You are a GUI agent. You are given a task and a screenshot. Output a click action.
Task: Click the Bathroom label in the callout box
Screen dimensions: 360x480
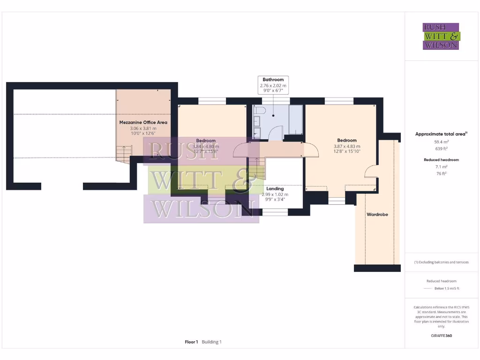coord(273,80)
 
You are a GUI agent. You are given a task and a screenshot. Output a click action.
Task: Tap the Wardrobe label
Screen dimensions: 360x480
coord(377,214)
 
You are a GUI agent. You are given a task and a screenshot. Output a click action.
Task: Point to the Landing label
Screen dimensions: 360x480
coord(275,189)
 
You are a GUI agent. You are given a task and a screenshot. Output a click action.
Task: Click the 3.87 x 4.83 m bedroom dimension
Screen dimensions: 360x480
coord(347,146)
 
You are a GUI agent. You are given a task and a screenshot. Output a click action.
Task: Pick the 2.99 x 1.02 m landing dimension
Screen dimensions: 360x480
coord(275,194)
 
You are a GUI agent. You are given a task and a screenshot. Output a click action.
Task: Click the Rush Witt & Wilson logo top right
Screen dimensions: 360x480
coord(441,37)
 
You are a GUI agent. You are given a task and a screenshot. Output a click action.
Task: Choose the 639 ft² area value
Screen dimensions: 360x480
coord(441,148)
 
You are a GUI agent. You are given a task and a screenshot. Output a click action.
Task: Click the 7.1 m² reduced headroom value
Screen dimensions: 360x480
coord(441,166)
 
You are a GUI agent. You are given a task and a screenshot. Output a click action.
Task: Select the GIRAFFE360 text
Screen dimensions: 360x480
coord(441,336)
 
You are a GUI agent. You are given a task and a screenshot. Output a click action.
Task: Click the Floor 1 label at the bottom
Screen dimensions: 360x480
coord(191,342)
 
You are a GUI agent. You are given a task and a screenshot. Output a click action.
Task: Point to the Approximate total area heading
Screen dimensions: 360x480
coord(441,134)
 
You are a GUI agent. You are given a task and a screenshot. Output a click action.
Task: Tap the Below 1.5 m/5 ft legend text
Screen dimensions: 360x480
coord(447,288)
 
